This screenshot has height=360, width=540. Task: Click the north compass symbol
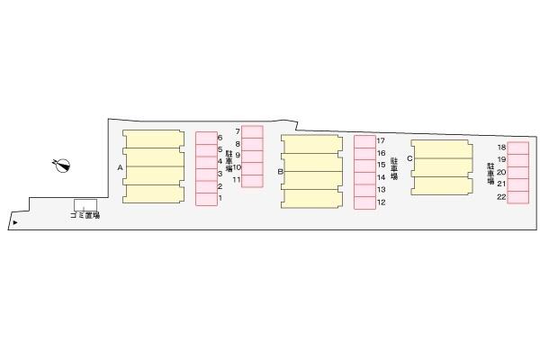(62, 166)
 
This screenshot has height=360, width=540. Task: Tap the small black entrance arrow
(15, 223)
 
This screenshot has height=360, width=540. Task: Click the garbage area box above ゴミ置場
(85, 204)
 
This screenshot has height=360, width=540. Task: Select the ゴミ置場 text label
(85, 216)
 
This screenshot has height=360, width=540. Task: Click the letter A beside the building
(120, 167)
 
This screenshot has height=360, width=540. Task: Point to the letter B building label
(280, 171)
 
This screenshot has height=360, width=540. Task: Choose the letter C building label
(409, 158)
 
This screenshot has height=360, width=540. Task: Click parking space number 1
(220, 198)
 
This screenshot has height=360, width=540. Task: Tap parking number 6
(220, 138)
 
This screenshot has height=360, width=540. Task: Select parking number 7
(238, 131)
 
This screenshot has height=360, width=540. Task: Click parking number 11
(237, 179)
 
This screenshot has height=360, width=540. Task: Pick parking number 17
(381, 140)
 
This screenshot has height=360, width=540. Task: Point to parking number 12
(382, 202)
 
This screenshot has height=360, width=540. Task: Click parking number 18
(502, 147)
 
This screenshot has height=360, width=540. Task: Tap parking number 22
(502, 197)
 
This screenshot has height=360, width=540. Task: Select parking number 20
(502, 172)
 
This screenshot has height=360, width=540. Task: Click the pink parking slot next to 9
(252, 157)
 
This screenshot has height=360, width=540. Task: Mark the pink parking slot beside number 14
(364, 178)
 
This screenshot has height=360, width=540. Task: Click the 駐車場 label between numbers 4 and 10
(229, 161)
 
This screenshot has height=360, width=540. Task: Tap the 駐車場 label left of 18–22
(490, 174)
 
